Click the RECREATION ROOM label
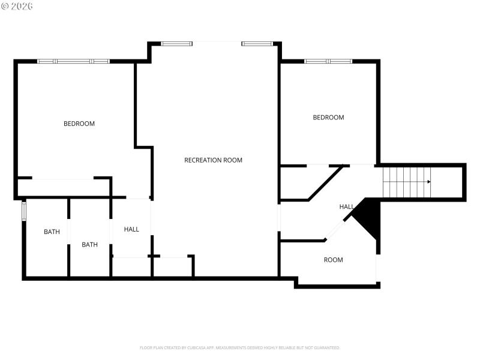[x=213, y=160]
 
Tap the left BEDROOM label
[x=79, y=124]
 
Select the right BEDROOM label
[x=328, y=118]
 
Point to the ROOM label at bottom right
[x=333, y=260]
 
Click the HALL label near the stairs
[x=346, y=207]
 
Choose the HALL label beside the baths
[x=131, y=229]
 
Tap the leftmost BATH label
[x=52, y=232]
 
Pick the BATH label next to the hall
[x=89, y=244]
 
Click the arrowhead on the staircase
[x=428, y=181]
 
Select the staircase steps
[x=405, y=182]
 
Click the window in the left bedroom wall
[x=73, y=61]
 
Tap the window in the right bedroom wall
[x=328, y=61]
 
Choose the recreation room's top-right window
[x=257, y=43]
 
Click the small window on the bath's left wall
[x=24, y=212]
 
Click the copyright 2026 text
[x=17, y=6]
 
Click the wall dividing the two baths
[x=69, y=237]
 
